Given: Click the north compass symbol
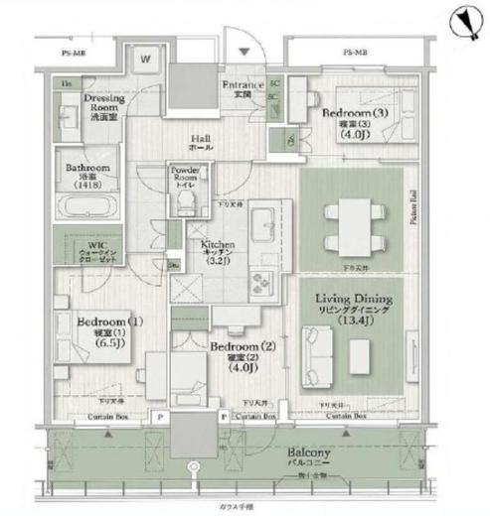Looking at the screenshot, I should pyautogui.click(x=459, y=19).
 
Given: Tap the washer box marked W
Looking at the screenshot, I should pyautogui.click(x=144, y=61).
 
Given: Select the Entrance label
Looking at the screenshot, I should pyautogui.click(x=242, y=90).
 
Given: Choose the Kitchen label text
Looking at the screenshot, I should pyautogui.click(x=218, y=248).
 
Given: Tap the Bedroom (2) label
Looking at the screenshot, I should pyautogui.click(x=236, y=351).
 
